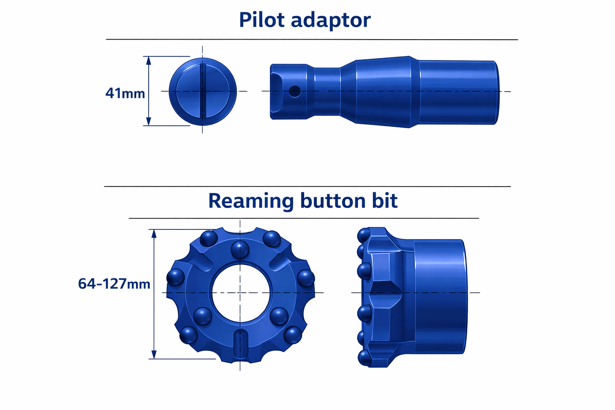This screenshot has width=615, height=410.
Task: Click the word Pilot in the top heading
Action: (x=262, y=20)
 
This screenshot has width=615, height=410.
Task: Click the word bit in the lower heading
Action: (x=384, y=201)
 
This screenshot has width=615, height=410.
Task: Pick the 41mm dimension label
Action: (x=125, y=93)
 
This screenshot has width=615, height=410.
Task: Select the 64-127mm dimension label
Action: (x=114, y=284)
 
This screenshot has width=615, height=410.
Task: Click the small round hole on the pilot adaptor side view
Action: (x=295, y=91)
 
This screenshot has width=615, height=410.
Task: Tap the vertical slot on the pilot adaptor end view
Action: (x=203, y=91)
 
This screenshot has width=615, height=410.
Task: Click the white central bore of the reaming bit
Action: (x=240, y=292)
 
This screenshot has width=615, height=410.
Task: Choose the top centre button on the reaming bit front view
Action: (x=240, y=249)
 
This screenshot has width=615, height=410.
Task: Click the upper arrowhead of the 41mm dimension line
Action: (x=149, y=60)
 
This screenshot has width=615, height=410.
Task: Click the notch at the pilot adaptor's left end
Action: (x=277, y=80)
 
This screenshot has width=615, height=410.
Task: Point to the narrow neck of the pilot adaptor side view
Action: (x=327, y=91)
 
